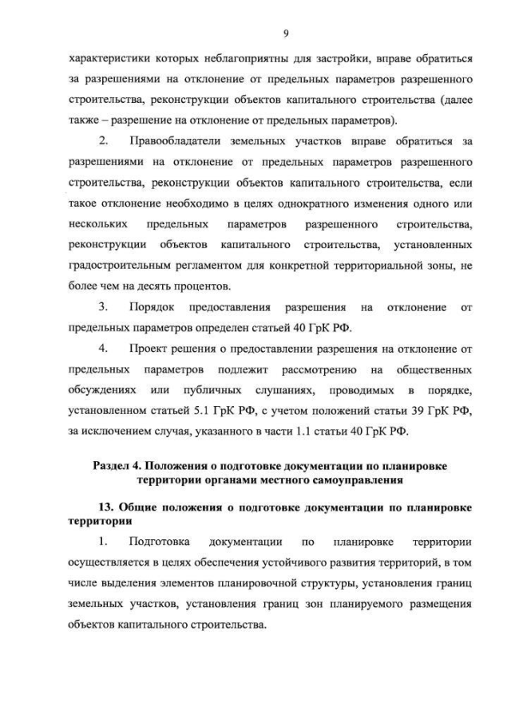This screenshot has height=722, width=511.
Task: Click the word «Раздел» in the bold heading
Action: pos(114,465)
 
